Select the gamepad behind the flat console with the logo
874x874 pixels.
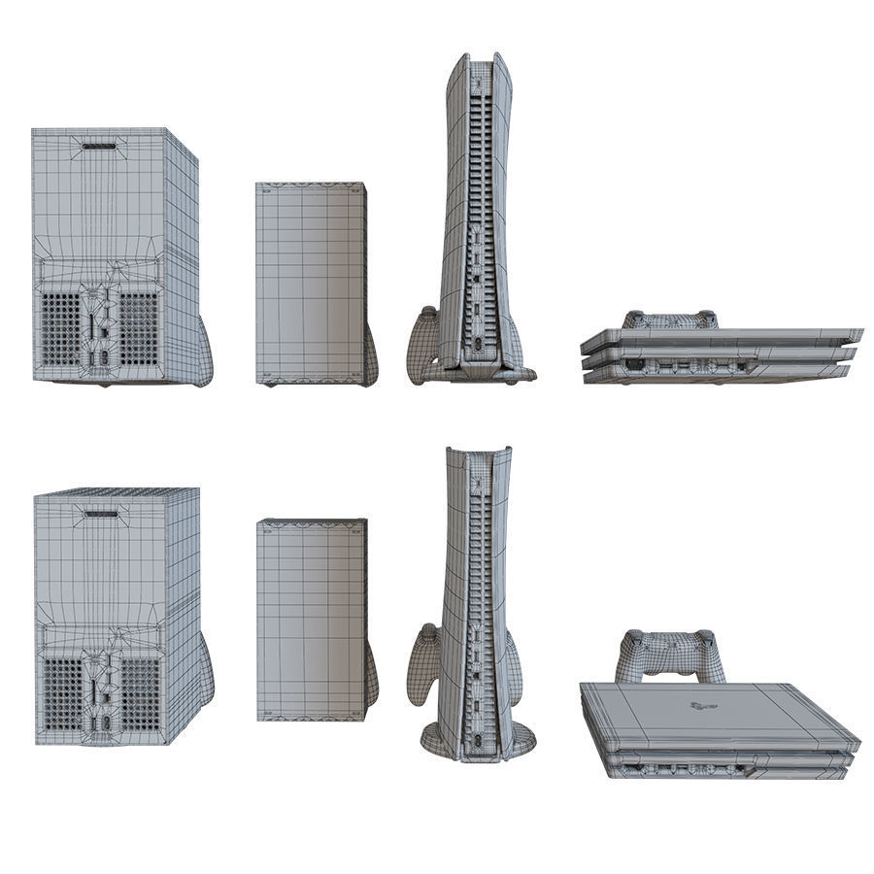tap(670, 655)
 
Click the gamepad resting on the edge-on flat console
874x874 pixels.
tap(670, 319)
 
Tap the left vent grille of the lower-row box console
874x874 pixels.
tap(63, 694)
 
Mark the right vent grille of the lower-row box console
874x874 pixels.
tap(139, 694)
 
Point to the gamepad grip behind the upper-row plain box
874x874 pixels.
tap(371, 354)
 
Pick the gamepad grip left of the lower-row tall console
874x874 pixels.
tap(423, 665)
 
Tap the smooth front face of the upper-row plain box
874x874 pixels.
tap(309, 282)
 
